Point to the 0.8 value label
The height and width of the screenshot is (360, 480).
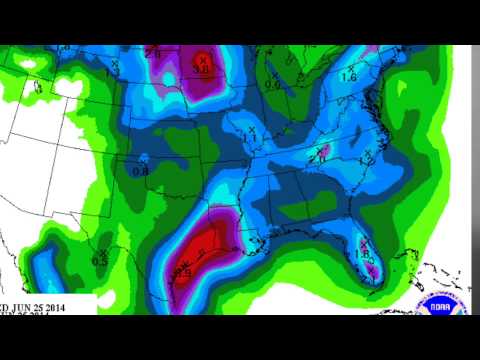(x=140, y=169)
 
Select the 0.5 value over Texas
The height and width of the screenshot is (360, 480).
(x=100, y=260)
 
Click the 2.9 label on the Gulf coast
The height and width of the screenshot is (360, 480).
(x=184, y=271)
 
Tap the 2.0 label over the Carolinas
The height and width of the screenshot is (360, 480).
(x=318, y=158)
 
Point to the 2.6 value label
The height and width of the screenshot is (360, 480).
(x=153, y=53)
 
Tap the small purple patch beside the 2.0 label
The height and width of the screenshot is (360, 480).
(x=330, y=150)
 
